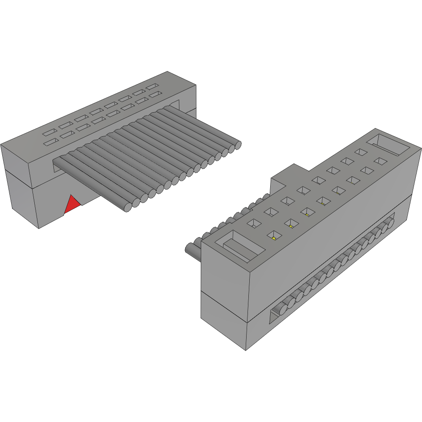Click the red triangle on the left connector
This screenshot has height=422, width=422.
point(72,205)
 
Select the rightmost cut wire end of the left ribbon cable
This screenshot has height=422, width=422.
point(238,144)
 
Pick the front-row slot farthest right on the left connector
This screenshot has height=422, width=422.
point(154,95)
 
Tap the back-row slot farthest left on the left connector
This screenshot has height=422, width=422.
point(49,133)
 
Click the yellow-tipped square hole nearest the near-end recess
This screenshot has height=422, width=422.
point(272,235)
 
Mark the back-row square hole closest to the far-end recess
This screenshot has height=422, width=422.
point(360,153)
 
